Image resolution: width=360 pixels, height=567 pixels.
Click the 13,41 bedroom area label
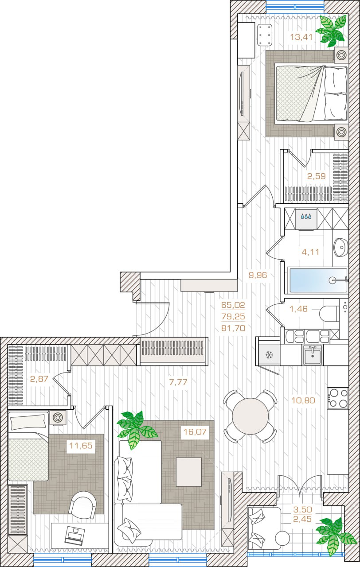click(x=301, y=38)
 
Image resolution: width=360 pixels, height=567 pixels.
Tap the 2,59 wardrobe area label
click(x=316, y=176)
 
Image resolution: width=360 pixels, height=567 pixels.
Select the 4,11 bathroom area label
click(x=310, y=252)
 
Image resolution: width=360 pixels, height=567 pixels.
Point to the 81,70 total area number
click(x=233, y=328)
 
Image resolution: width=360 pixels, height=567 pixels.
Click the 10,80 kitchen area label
click(x=303, y=400)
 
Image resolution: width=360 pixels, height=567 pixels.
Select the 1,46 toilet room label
click(x=298, y=309)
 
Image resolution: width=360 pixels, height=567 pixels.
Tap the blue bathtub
click(x=318, y=280)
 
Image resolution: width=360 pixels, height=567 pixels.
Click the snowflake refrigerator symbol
click(x=269, y=355)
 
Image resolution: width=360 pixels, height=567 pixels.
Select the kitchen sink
click(x=313, y=355)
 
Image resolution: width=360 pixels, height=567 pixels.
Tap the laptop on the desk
click(x=74, y=535)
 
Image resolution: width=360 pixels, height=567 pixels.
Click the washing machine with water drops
click(x=306, y=219)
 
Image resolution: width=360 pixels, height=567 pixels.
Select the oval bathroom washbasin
click(x=340, y=247)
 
